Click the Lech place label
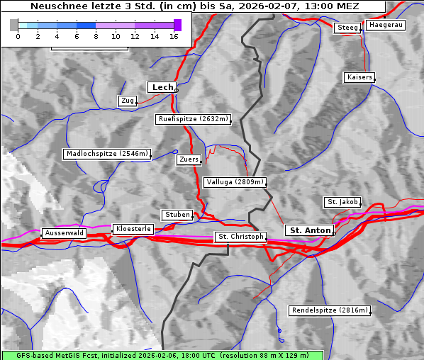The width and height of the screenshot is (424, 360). coord(162,87)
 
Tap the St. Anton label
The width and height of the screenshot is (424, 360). coord(310,230)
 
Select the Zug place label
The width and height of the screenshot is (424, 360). coord(128,101)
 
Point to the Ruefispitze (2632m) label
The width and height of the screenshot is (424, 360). coord(194,120)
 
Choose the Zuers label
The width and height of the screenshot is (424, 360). coord(189,160)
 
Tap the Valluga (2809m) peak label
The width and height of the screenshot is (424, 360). coord(234,182)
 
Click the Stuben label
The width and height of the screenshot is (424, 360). coord(177,215)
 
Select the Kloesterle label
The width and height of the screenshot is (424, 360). coord(133,230)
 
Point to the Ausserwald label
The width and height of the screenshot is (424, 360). coord(64,233)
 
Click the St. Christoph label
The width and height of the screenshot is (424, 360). coord(240,237)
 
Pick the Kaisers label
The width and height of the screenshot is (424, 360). coord(359,77)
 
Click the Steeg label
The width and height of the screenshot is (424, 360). coord(347,28)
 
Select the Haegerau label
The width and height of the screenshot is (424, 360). coord(386,25)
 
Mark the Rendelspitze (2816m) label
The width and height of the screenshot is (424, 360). coord(330,310)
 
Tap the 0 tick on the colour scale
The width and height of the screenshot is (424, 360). coord(18,36)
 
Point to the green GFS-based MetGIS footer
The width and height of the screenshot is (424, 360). coord(162,355)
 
